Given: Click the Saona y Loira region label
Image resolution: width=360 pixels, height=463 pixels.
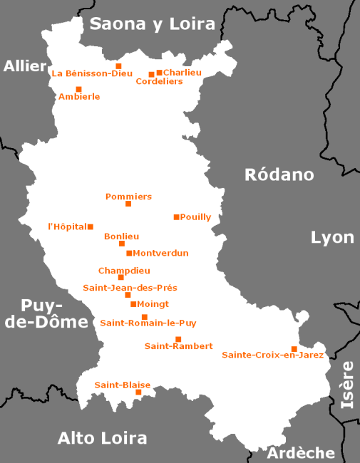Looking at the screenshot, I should coord(152,24).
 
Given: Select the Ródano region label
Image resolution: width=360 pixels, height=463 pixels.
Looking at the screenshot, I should coord(279,175).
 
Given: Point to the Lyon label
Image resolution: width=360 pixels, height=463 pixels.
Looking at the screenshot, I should coord(332,237).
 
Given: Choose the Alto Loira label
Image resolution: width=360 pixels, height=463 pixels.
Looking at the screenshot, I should coord(102,437).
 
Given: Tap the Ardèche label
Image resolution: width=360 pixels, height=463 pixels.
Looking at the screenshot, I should coord(300,452).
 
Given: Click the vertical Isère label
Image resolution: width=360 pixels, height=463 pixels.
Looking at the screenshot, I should coord(347,385).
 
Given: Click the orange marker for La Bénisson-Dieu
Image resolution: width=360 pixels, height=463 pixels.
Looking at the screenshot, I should coord(119,66).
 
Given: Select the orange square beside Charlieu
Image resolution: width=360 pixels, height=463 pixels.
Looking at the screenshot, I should coord(159,72).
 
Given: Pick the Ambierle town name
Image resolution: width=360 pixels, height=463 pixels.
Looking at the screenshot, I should coord(79,97).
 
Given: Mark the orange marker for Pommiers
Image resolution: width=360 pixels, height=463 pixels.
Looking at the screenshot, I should coord(128,204).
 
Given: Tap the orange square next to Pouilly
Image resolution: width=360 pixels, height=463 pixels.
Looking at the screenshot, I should coord(176,217).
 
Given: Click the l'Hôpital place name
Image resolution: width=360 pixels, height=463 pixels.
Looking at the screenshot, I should coord(66,227).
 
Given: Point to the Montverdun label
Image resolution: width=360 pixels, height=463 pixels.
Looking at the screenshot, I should coord(160,253).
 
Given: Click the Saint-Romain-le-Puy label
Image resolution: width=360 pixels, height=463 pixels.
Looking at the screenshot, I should coord(148,323).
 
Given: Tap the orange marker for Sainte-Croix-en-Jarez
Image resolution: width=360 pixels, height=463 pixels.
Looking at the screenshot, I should coord(294,348).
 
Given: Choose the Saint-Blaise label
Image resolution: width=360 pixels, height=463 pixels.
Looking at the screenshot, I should coord(118,385).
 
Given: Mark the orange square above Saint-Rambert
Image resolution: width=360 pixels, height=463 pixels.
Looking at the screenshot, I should coord(178,338).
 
